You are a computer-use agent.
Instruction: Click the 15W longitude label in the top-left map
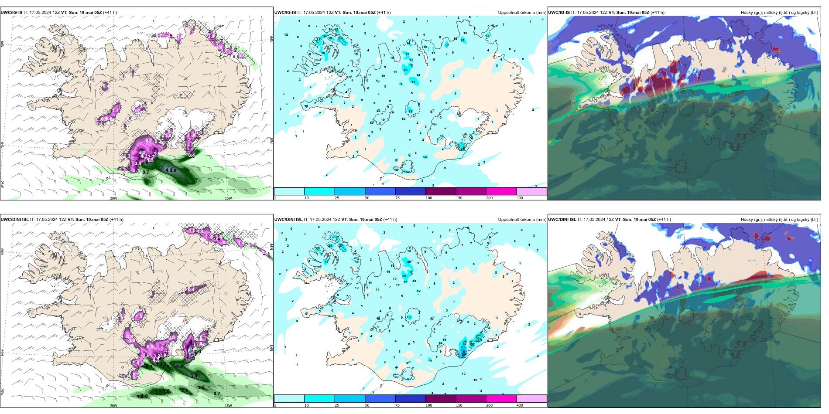pyautogui.click(x=228, y=198)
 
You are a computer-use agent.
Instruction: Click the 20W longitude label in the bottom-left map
pyautogui.click(x=113, y=406)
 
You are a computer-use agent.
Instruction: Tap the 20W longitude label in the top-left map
pyautogui.click(x=113, y=198)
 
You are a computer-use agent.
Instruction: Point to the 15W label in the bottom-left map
pyautogui.click(x=228, y=406)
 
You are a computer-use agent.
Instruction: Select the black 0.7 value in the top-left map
pyautogui.click(x=146, y=172)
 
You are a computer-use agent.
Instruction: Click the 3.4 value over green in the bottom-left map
pyautogui.click(x=194, y=376)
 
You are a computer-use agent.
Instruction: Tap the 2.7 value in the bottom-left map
pyautogui.click(x=184, y=390)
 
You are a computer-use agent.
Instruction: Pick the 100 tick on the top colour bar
pyautogui.click(x=428, y=198)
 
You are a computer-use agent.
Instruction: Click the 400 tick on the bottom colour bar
pyautogui.click(x=520, y=405)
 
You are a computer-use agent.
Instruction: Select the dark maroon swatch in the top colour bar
pyautogui.click(x=440, y=191)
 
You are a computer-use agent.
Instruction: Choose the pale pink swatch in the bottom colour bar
pyautogui.click(x=531, y=399)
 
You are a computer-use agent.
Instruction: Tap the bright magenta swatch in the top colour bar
pyautogui.click(x=501, y=191)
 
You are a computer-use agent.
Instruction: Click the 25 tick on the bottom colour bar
pyautogui.click(x=337, y=405)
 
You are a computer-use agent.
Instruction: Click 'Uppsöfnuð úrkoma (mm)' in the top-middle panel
pyautogui.click(x=522, y=13)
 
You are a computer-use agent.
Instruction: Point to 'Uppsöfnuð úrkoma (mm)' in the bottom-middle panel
pyautogui.click(x=522, y=220)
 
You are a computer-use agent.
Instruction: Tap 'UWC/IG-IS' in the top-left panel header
pyautogui.click(x=11, y=13)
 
